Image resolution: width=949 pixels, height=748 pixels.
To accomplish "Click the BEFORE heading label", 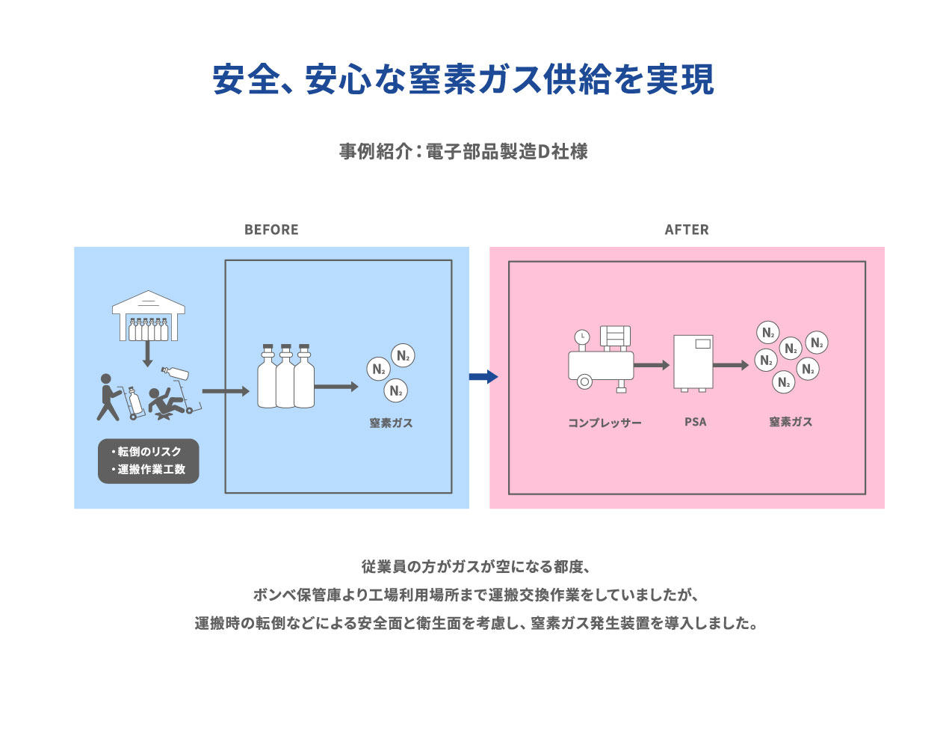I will (x=271, y=230).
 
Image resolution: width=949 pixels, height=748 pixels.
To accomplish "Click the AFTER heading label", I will (x=687, y=230).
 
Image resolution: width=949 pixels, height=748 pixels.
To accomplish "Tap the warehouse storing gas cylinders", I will (x=148, y=316).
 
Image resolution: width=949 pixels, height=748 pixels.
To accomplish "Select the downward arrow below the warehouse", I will (x=148, y=354).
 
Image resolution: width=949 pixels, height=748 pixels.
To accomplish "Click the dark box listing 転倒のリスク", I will (x=149, y=461).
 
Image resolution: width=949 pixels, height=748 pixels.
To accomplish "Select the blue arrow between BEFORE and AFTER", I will (x=483, y=376).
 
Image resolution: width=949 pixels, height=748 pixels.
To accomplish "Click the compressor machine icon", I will (x=602, y=359).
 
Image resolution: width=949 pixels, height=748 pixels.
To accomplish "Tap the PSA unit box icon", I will (x=693, y=363).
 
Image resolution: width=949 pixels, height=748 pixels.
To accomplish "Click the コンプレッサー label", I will (x=605, y=423).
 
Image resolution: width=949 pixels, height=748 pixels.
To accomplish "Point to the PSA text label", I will (x=695, y=422).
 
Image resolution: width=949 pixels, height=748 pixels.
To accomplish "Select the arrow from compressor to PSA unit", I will (x=652, y=365).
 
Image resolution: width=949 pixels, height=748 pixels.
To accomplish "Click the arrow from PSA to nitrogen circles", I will (x=731, y=365).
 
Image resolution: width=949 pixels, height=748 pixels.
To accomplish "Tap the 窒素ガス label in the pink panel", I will (x=791, y=422).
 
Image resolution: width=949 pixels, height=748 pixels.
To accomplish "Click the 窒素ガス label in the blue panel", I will (x=391, y=423).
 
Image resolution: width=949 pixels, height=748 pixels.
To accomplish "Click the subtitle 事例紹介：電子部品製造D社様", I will (x=463, y=152).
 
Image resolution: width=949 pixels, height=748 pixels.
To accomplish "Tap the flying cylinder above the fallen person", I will (x=175, y=372).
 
